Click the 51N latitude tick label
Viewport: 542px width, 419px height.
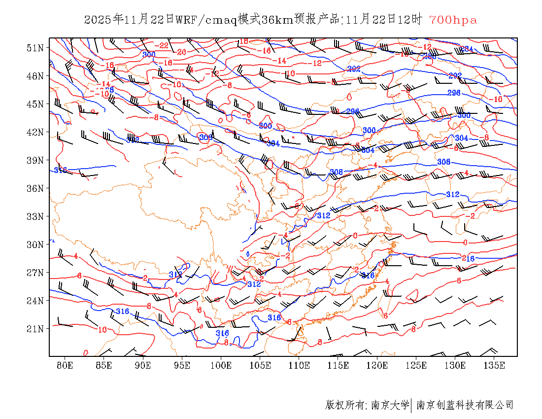pyautogui.click(x=35, y=48)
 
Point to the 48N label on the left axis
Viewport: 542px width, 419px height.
pyautogui.click(x=35, y=76)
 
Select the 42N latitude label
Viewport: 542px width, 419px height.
pyautogui.click(x=35, y=132)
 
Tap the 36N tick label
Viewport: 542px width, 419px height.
pyautogui.click(x=35, y=188)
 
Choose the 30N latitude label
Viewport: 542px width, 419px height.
pyautogui.click(x=35, y=244)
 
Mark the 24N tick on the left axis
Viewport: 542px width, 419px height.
pyautogui.click(x=35, y=300)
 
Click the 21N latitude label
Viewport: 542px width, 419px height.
pyautogui.click(x=35, y=328)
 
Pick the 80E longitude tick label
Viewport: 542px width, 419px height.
pyautogui.click(x=65, y=365)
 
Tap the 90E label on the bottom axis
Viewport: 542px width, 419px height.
pyautogui.click(x=143, y=365)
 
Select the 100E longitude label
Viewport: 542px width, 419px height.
pyautogui.click(x=221, y=365)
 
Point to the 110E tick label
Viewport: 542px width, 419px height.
pyautogui.click(x=299, y=365)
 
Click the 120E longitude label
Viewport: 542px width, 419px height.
pyautogui.click(x=377, y=365)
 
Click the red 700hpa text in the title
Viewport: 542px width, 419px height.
pyautogui.click(x=453, y=20)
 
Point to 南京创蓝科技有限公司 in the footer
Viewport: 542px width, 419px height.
pyautogui.click(x=465, y=405)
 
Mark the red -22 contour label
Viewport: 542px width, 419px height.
pyautogui.click(x=163, y=46)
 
